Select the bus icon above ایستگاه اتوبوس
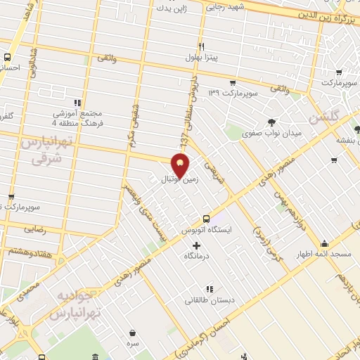(206, 219)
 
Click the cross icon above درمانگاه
(196, 245)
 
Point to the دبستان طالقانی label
(203, 300)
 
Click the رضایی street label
(34, 229)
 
